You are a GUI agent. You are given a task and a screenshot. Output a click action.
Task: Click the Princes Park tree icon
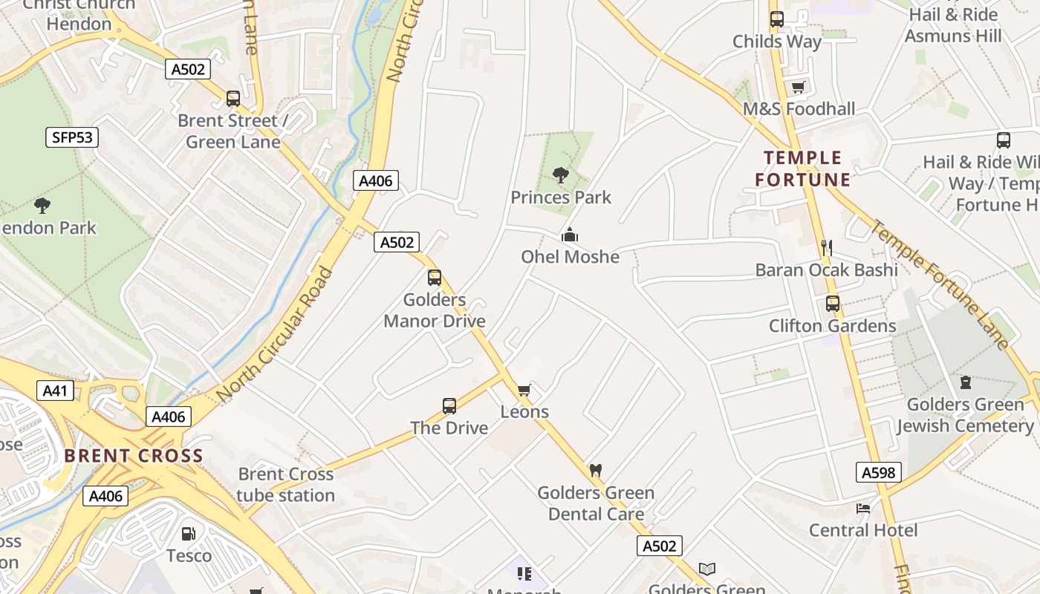click(561, 175)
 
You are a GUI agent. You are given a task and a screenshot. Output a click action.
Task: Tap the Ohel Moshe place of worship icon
click(570, 235)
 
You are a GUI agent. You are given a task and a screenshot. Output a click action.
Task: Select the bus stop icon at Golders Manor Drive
click(435, 278)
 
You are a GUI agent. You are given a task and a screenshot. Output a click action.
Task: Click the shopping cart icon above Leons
click(524, 390)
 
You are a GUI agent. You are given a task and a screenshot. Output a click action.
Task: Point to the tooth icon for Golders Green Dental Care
click(595, 470)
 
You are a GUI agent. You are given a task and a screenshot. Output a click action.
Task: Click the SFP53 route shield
click(72, 137)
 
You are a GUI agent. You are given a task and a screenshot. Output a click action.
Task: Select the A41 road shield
click(55, 391)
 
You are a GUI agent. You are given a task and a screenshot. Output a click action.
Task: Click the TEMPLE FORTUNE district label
click(803, 169)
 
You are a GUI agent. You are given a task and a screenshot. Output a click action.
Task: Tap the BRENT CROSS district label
click(134, 456)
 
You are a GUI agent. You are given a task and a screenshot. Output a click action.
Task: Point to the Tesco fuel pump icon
click(189, 534)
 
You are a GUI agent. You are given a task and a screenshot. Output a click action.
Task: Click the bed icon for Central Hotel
click(863, 509)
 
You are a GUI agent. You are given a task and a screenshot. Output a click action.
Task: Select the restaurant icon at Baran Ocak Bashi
click(825, 247)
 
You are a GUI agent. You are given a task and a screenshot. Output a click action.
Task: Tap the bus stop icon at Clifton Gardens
click(833, 304)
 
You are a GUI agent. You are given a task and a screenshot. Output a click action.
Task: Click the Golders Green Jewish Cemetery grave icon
click(965, 382)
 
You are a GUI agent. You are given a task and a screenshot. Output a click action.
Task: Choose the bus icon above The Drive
click(449, 406)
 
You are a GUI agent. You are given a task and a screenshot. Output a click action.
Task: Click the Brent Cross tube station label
click(286, 484)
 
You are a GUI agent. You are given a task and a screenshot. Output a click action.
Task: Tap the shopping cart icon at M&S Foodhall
click(799, 88)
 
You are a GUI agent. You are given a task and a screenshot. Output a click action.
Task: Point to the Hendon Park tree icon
click(42, 205)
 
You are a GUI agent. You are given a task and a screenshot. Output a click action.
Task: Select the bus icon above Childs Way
click(777, 19)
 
